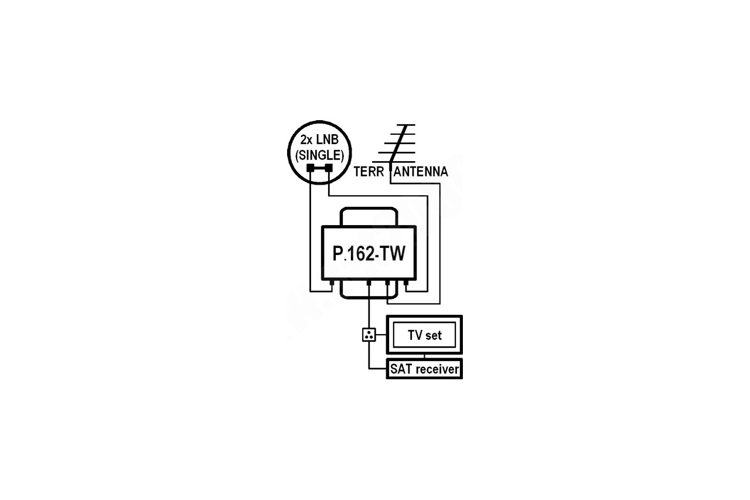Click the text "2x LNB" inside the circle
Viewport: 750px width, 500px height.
click(319, 140)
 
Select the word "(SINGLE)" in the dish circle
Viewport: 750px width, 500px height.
click(319, 155)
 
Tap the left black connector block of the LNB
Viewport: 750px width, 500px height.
click(311, 168)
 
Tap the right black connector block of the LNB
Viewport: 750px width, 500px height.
click(329, 168)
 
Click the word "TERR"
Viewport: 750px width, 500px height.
click(369, 172)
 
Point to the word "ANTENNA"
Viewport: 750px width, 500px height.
click(421, 172)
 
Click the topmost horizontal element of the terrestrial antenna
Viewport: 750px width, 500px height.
click(406, 125)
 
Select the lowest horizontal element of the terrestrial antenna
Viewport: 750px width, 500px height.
click(394, 162)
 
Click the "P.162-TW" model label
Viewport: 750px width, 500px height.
click(369, 253)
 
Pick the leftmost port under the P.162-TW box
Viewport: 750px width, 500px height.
click(332, 283)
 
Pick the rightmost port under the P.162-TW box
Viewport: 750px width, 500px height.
click(406, 283)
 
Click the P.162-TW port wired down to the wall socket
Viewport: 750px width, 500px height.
click(369, 283)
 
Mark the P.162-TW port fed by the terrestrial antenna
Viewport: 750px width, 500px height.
click(387, 283)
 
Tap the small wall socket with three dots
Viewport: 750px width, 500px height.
click(369, 335)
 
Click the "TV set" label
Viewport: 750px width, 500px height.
click(425, 335)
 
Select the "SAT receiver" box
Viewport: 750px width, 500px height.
click(424, 369)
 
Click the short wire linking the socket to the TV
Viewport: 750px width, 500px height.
click(381, 335)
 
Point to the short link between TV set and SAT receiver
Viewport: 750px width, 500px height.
click(425, 356)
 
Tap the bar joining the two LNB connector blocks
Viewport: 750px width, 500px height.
click(320, 168)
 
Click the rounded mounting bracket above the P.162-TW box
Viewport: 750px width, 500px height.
click(369, 209)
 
